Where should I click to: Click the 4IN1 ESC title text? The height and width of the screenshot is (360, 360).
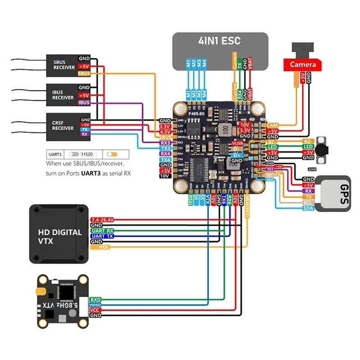point(220,41)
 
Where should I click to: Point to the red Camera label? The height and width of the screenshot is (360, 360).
point(302,65)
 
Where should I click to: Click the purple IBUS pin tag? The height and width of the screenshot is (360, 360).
point(84,103)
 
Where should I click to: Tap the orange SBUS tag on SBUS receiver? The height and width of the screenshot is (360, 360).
point(84,73)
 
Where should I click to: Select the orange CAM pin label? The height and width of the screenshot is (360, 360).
point(272,125)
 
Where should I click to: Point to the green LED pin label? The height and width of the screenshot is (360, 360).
point(308,147)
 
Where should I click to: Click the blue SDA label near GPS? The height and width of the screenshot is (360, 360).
point(308,208)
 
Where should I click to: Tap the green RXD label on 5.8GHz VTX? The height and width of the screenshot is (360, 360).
point(95,299)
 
